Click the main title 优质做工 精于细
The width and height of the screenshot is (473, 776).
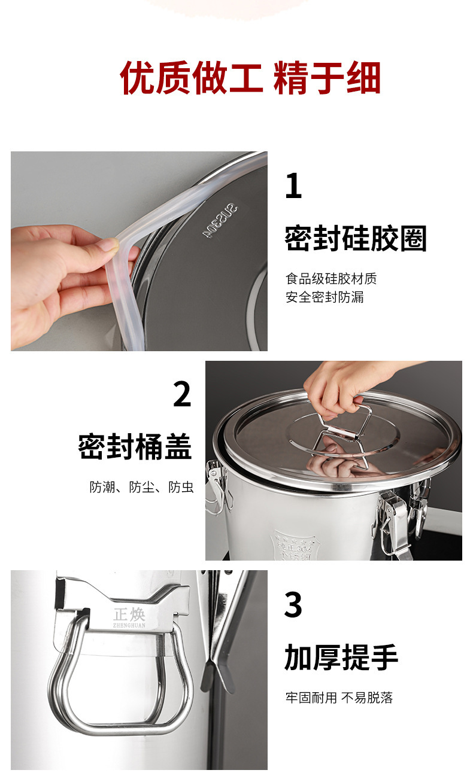click(250, 78)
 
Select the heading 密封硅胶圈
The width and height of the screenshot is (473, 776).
click(356, 239)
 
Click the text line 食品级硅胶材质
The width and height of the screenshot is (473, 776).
click(331, 279)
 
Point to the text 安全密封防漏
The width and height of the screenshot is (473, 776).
click(325, 297)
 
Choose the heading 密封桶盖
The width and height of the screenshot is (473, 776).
click(135, 446)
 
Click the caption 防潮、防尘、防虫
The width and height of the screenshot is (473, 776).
click(141, 488)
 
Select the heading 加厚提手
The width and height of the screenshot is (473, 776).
click(341, 658)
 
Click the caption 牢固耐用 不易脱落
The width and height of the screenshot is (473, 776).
click(339, 698)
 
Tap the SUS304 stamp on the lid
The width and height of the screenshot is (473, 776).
click(220, 222)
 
